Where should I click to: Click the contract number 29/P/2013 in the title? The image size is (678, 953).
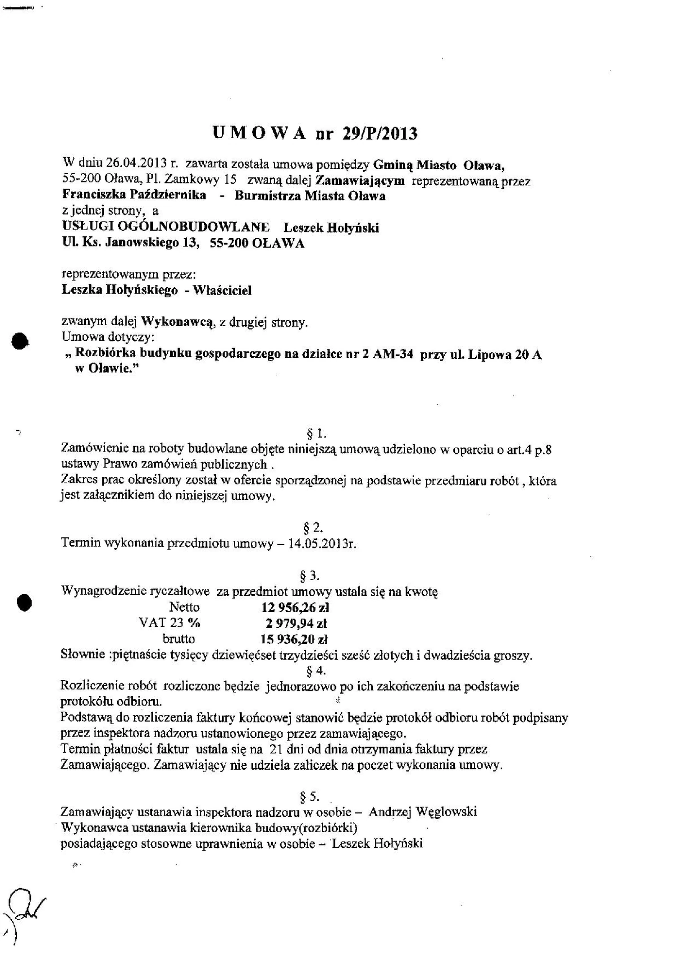tap(379, 133)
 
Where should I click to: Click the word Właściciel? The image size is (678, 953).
tap(223, 291)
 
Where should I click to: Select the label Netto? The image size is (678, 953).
tap(184, 608)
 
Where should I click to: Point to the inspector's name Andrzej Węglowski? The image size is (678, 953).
tap(423, 812)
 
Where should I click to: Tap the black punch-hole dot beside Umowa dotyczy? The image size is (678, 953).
tap(21, 341)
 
